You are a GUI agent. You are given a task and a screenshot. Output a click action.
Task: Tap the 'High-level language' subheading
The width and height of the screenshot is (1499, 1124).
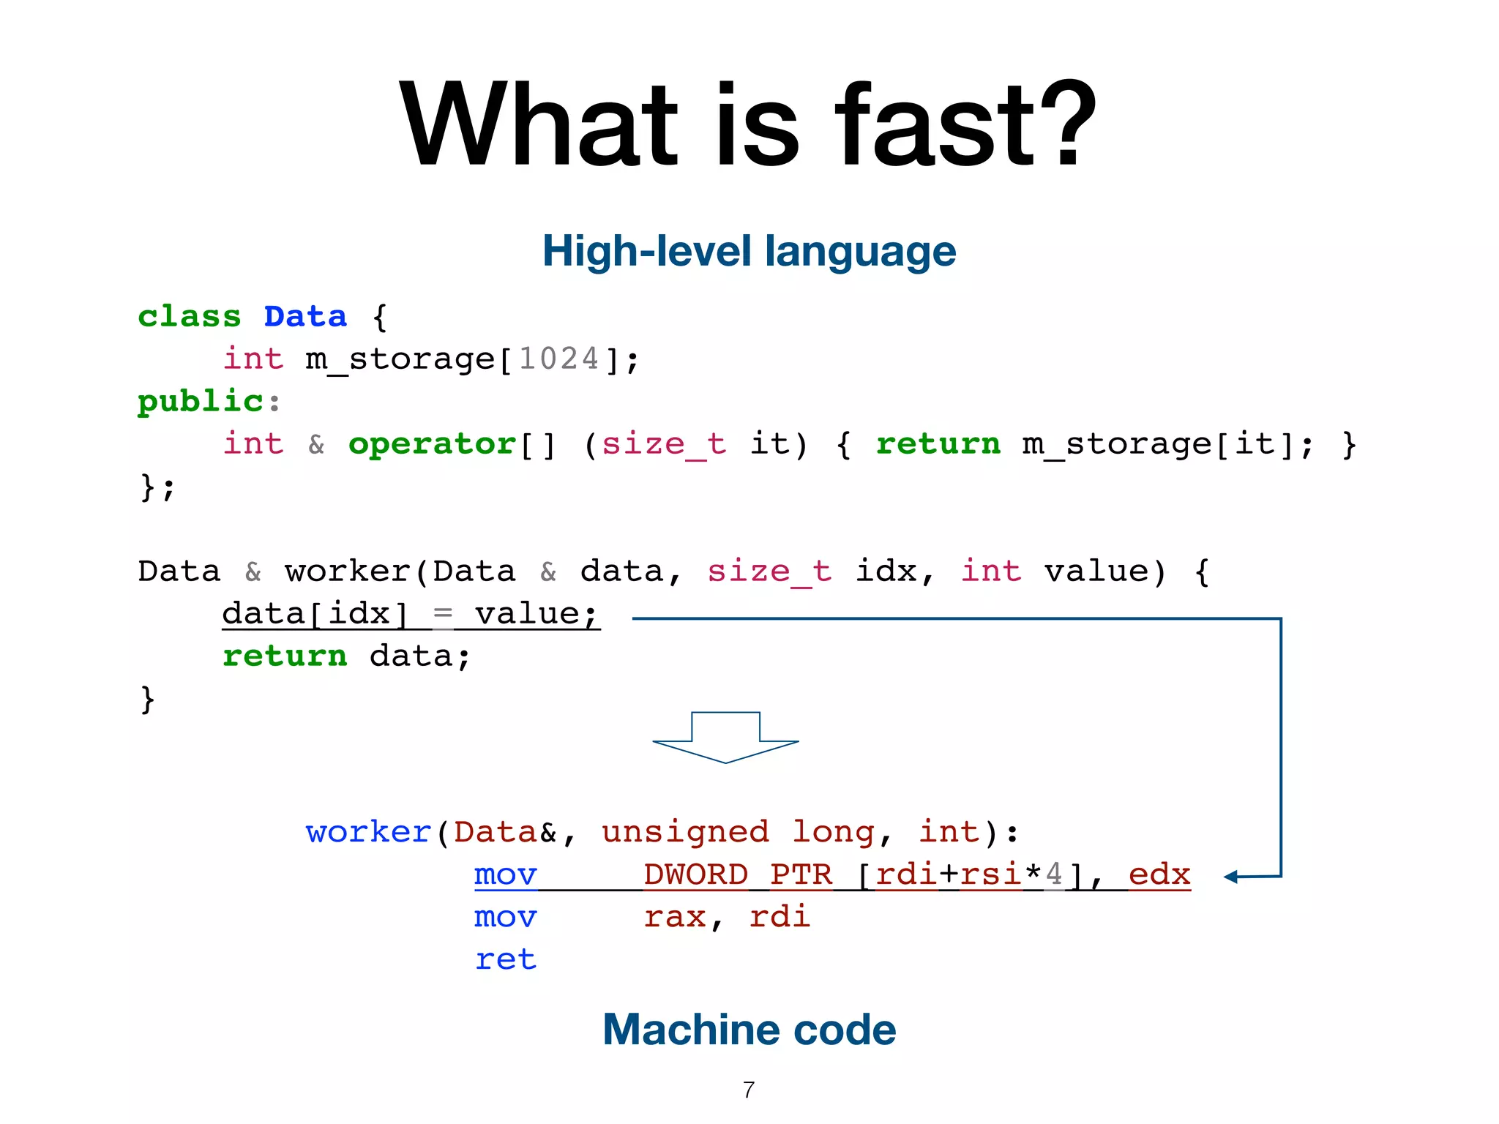(x=749, y=251)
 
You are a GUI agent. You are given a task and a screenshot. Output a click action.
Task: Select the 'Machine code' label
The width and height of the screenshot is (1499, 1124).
(x=749, y=1030)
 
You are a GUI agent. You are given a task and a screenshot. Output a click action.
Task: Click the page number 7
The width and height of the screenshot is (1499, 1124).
(x=748, y=1090)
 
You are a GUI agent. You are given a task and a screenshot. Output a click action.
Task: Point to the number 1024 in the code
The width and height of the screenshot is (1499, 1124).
(x=558, y=359)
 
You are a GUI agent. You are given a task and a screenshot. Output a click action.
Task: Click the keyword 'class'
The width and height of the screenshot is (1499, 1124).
(x=189, y=317)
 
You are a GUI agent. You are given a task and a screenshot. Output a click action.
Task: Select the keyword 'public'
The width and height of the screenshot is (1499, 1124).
(x=200, y=402)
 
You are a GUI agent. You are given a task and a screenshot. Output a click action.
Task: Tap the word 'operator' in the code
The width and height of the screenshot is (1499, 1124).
(x=432, y=444)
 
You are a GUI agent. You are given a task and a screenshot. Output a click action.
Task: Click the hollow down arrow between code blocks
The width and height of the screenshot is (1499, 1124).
(x=725, y=738)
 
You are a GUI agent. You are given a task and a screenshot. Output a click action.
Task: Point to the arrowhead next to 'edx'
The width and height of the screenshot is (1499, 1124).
(x=1230, y=877)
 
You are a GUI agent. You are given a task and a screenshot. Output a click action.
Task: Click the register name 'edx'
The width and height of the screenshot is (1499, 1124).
(x=1159, y=875)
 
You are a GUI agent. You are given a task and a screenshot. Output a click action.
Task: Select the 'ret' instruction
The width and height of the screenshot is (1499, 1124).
(x=505, y=959)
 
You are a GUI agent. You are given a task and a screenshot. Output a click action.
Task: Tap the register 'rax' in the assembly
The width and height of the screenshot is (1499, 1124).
(x=674, y=917)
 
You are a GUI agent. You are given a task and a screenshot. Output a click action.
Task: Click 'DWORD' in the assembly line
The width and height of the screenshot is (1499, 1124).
(x=695, y=875)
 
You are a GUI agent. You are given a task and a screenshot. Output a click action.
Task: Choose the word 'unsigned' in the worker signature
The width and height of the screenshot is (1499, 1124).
(x=685, y=833)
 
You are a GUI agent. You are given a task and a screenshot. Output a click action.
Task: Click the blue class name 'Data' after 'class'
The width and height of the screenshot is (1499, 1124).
(x=305, y=317)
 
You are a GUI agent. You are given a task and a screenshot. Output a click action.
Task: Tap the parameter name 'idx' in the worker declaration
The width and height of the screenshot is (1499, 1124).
(x=886, y=572)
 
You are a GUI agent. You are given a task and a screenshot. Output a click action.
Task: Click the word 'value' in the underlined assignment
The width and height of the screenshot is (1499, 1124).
(x=527, y=614)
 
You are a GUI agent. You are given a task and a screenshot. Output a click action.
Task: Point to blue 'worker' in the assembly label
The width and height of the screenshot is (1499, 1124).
(x=368, y=833)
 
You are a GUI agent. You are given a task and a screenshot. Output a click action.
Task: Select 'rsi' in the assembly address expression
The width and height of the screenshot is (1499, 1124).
(x=990, y=875)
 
